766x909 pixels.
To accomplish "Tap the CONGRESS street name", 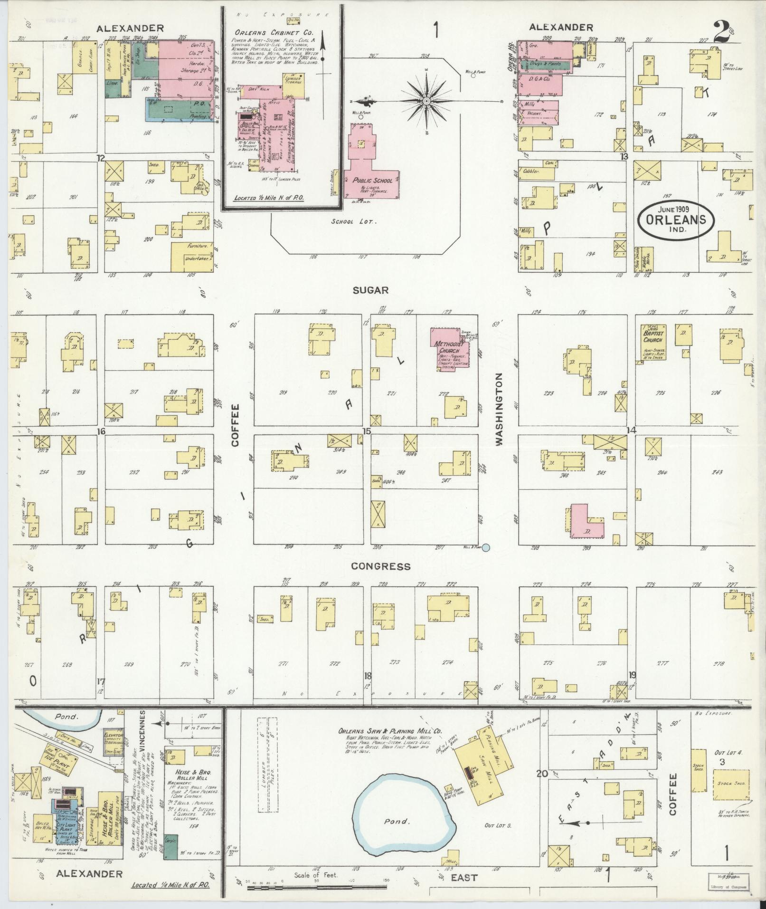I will coord(380,566).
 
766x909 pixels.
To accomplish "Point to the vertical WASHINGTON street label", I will coord(499,409).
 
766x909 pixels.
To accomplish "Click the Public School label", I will coord(373,181).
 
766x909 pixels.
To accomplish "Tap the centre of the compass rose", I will coord(426,101).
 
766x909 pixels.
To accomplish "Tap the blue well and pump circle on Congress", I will coord(486,547).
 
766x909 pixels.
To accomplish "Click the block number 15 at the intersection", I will coord(366,431).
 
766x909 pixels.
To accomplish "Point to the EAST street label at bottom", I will coord(463,878).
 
